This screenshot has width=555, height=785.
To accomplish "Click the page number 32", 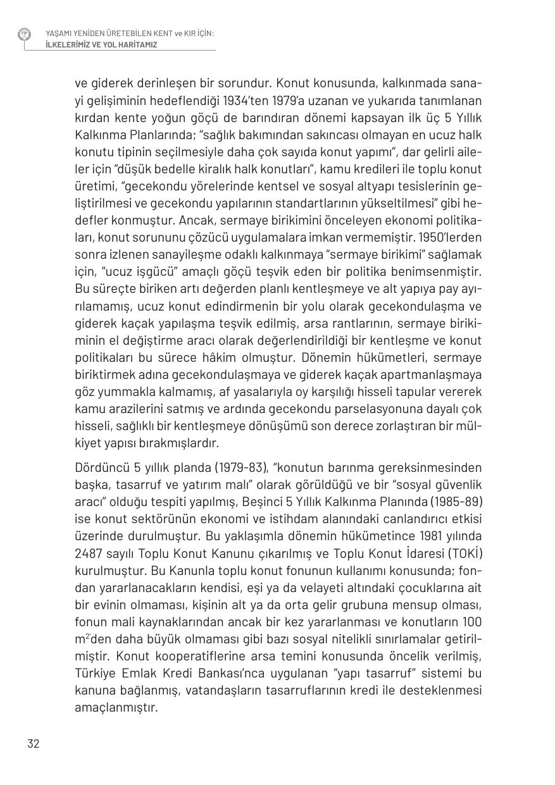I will pos(34,744).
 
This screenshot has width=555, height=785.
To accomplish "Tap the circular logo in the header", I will pos(24,34).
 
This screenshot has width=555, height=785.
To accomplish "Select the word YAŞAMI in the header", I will pos(58,33).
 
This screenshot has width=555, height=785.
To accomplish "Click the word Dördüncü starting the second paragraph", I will pos(103,468).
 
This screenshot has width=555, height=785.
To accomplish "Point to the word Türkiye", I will pos(97,673).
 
